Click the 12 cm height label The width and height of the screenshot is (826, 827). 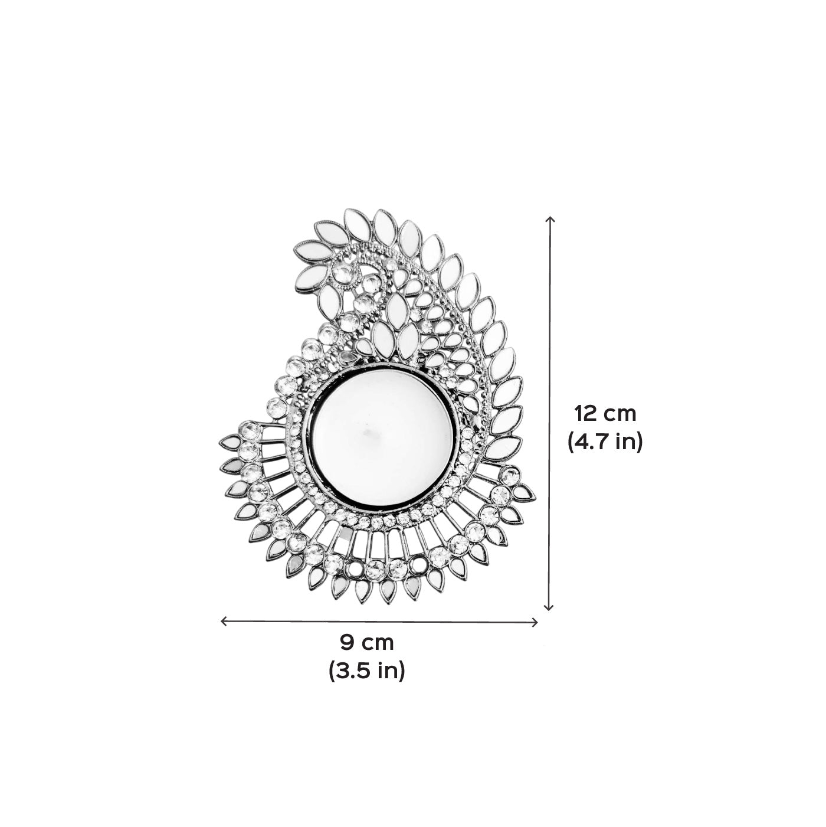click(x=605, y=414)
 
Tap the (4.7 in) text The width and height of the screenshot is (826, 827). click(x=605, y=441)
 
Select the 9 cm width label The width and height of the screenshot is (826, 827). click(x=367, y=642)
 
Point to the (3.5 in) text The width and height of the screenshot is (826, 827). click(x=367, y=670)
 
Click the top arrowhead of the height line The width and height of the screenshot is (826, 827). click(x=550, y=219)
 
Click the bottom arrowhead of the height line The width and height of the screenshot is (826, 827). click(x=549, y=607)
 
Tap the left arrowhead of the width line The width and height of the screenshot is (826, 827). click(x=223, y=621)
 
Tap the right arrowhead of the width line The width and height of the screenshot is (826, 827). click(x=535, y=622)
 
